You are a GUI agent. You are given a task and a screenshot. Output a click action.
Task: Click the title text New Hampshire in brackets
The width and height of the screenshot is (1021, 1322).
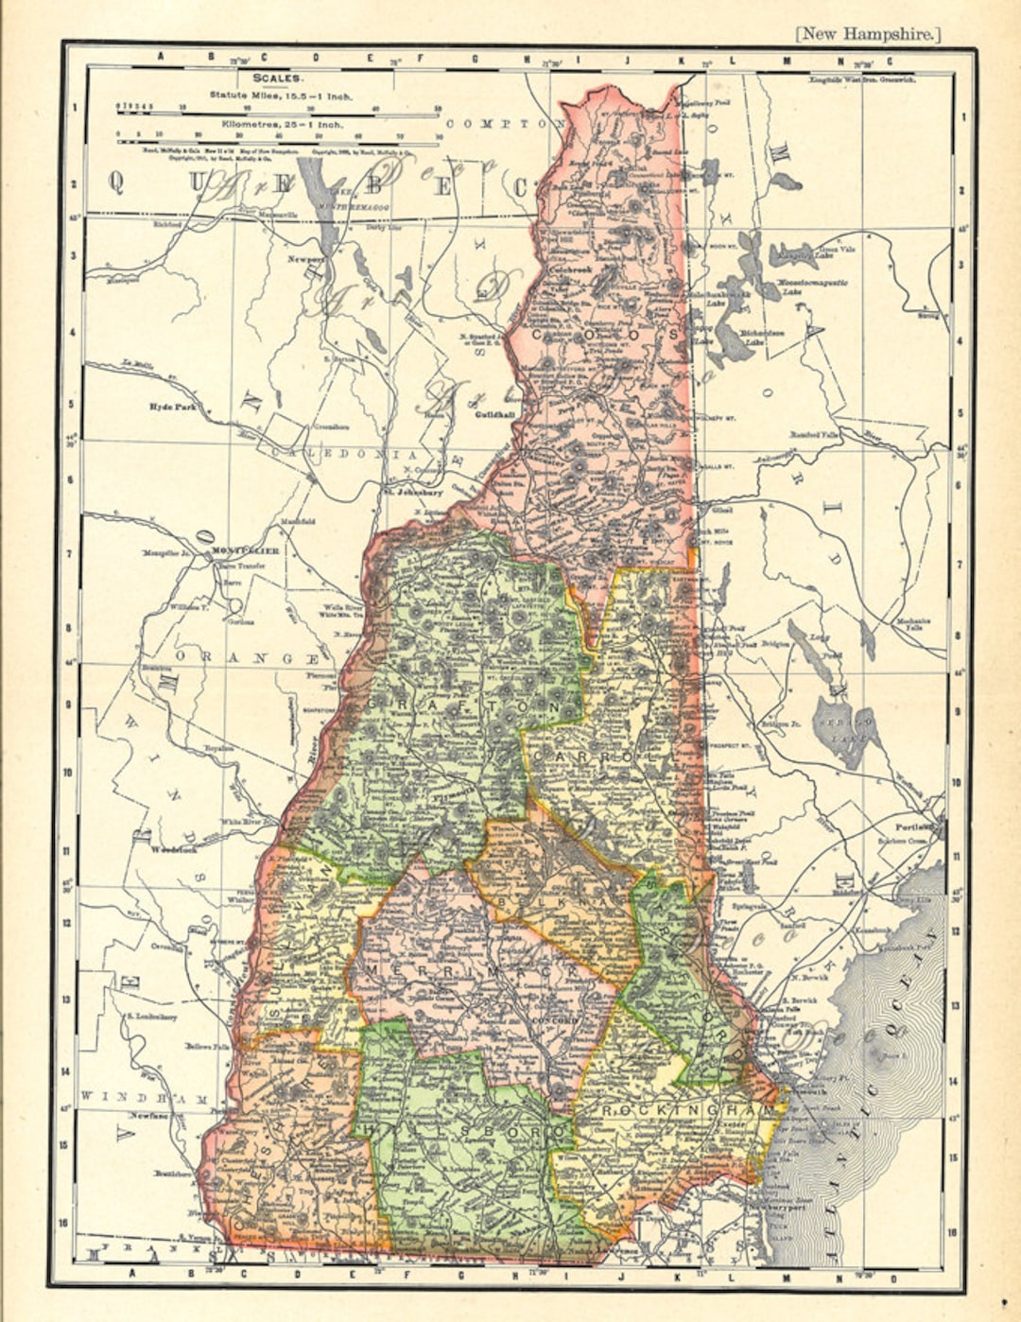(869, 34)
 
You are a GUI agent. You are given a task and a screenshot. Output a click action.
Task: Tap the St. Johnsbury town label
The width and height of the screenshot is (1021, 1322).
(414, 492)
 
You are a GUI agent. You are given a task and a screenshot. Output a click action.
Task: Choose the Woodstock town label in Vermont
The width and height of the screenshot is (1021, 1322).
(172, 849)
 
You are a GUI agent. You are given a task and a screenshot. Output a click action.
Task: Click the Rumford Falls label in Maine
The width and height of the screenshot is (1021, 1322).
(815, 435)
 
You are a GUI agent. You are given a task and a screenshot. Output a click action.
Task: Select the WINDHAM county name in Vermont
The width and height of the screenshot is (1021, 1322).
(148, 1098)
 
